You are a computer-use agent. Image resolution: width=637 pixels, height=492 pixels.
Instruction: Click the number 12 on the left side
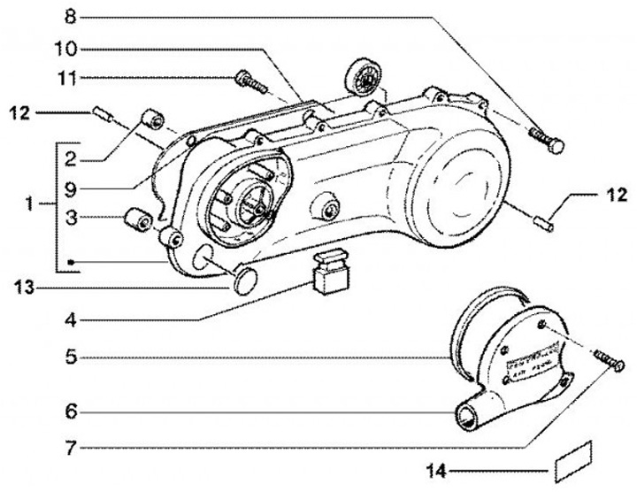click(19, 111)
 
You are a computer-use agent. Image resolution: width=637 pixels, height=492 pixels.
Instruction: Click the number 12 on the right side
click(592, 192)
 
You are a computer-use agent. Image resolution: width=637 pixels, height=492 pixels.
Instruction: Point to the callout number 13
click(26, 287)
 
